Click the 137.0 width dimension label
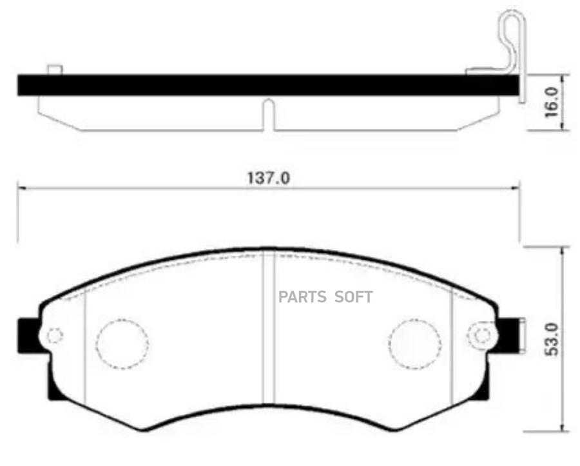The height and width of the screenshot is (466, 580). coord(269,177)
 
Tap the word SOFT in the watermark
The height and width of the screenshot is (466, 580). coord(354,297)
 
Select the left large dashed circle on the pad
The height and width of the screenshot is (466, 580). coord(122,344)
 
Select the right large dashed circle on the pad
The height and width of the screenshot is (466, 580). coord(416,344)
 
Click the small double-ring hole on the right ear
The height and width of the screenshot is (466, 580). coord(481,335)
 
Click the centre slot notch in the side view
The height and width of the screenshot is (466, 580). coord(269,113)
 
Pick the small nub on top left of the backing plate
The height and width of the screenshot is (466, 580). coord(55,70)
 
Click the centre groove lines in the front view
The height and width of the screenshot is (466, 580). coord(269,335)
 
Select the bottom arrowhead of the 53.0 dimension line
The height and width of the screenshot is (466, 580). coord(565,429)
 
